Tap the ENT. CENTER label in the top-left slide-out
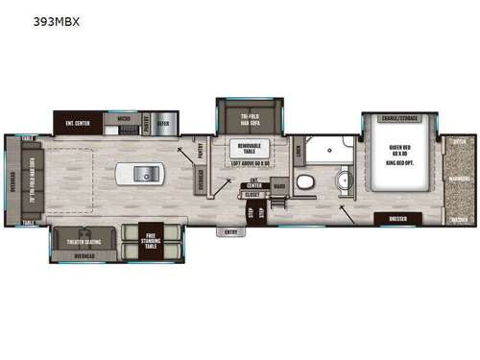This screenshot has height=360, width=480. click(78, 123)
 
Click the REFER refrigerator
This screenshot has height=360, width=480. click(162, 123)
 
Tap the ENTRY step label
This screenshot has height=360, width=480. click(230, 231)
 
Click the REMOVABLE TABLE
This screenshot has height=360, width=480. click(247, 150)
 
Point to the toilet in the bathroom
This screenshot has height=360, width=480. click(304, 181)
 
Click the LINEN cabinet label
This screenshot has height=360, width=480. click(299, 149)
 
